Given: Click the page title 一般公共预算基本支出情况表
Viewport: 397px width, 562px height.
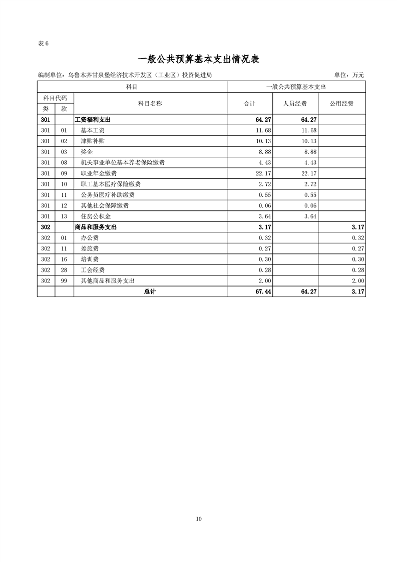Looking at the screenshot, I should tap(198, 59).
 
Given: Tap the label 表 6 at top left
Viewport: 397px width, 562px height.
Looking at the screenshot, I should tap(43, 43).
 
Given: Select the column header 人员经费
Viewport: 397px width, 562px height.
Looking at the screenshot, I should tap(295, 104).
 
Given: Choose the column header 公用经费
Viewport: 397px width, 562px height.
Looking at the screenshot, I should tap(341, 104).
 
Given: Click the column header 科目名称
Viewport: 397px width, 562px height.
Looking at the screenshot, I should tap(150, 104).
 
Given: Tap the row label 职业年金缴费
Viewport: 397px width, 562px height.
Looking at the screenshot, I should tap(99, 173).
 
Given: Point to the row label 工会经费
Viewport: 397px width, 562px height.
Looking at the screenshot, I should tap(92, 270).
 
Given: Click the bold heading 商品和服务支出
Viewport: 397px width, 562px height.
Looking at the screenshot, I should tap(96, 227).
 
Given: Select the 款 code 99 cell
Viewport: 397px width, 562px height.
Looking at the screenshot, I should tap(64, 281).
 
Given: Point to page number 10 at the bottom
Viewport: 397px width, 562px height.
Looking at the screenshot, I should tap(199, 519).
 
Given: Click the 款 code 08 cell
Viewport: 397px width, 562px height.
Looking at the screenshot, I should tap(64, 163).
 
